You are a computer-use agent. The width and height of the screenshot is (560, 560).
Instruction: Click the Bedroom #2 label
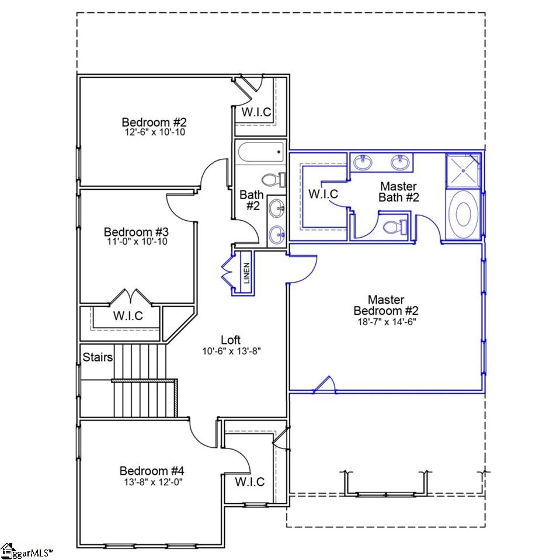coord(154,123)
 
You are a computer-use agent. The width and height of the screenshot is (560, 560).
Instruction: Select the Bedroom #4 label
coord(152,471)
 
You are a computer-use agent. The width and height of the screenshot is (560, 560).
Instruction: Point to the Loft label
coord(230,340)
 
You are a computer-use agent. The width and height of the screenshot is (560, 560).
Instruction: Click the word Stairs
coord(98,357)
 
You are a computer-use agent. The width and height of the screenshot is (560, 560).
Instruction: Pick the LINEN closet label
coord(246,273)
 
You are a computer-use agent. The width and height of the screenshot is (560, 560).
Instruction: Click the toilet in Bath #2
coord(273,179)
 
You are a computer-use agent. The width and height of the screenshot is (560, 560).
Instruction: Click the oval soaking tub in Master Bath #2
coord(464,215)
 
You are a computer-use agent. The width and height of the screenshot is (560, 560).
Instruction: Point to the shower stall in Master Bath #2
coord(464,170)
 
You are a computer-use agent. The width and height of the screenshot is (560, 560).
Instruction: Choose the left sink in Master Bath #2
coord(364,162)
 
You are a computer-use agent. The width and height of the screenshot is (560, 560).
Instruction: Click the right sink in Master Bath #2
coord(401,162)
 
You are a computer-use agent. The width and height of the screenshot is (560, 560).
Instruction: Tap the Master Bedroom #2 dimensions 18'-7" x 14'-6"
coord(386,321)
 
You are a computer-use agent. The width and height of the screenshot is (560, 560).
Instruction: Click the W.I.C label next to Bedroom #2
coord(257,112)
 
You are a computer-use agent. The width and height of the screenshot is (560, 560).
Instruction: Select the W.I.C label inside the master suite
coord(323,194)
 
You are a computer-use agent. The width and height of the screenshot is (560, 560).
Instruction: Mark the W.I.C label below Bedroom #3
coord(128,316)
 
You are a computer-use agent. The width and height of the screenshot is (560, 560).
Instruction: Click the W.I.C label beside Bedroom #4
coord(250,482)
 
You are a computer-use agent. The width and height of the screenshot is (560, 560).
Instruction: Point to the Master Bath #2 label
coord(399,192)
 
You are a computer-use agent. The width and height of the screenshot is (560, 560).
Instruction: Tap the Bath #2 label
coord(251,200)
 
